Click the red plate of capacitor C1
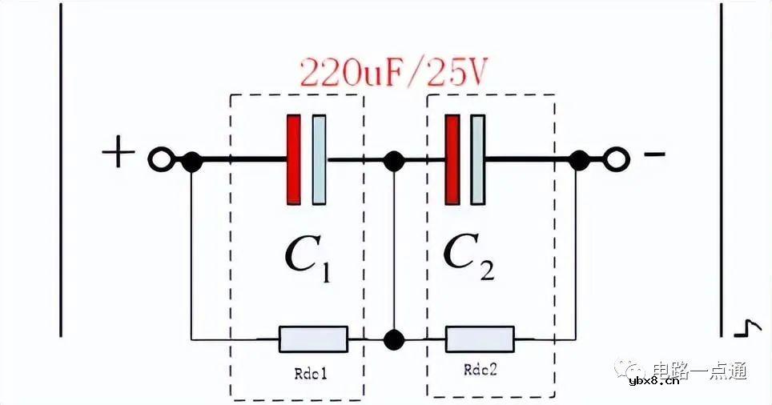click(294, 159)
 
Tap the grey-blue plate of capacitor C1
click(319, 159)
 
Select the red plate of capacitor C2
click(452, 159)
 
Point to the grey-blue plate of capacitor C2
click(478, 159)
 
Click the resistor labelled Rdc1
click(313, 339)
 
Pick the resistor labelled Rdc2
click(480, 339)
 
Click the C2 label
click(468, 258)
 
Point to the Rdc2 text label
click(481, 371)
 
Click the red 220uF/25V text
click(393, 74)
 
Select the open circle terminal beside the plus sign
click(159, 161)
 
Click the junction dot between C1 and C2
click(393, 161)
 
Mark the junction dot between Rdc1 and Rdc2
click(393, 339)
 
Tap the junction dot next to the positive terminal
click(191, 161)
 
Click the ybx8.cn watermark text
click(654, 380)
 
